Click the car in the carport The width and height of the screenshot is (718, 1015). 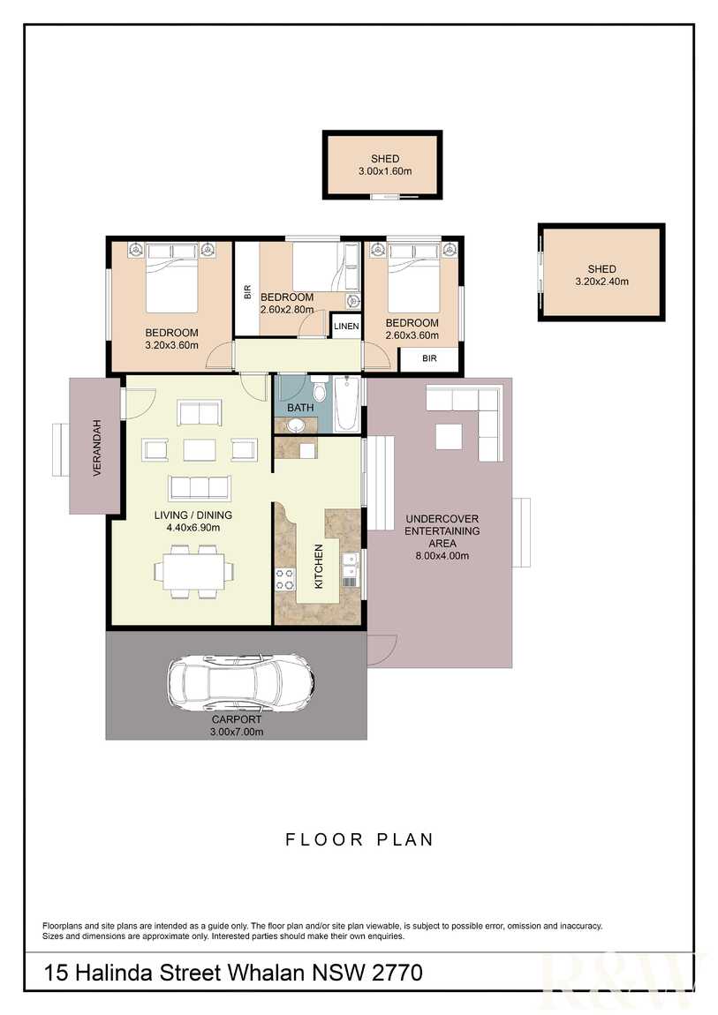coord(241,683)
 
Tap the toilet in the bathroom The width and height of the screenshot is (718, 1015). coord(319,390)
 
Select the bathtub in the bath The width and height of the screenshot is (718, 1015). coord(346,404)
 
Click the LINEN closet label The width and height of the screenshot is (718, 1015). coord(346,327)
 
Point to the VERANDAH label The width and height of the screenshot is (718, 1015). coord(97,447)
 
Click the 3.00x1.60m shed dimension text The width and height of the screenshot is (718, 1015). coord(385,171)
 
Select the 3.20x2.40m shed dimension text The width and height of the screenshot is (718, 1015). coord(602,282)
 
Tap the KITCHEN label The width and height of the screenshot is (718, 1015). coord(319,567)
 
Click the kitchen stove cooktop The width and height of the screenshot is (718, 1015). coord(285,579)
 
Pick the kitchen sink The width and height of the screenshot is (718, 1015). coord(351,565)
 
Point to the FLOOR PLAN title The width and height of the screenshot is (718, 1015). coord(359,839)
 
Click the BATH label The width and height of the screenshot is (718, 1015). coord(300,408)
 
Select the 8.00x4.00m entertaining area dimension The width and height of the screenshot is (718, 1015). coord(442,555)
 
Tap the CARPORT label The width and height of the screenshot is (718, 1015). coord(237,719)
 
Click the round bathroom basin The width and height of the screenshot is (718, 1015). coord(297,425)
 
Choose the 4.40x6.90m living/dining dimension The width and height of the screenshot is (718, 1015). coord(193,528)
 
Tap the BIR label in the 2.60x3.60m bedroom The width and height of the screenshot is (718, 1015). coord(430,358)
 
